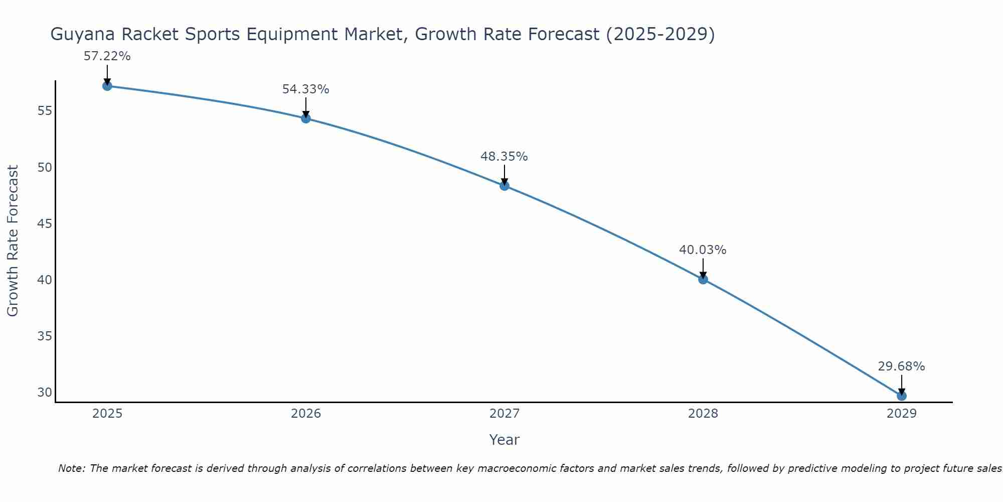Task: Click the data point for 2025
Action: pos(107,86)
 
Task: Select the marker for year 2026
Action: pos(306,118)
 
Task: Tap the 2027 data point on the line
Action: pos(505,186)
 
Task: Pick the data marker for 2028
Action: pos(703,279)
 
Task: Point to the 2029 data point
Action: pos(902,396)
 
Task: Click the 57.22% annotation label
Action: pos(107,56)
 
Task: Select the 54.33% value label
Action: pos(306,89)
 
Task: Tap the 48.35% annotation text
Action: pos(505,157)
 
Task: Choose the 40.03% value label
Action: pos(703,250)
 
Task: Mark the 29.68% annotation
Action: pos(902,366)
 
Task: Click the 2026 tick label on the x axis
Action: pos(306,414)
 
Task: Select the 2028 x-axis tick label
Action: pos(703,414)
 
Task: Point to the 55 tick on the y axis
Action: pos(45,110)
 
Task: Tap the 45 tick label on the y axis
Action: pos(45,223)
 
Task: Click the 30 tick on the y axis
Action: pos(45,392)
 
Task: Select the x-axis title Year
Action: pos(505,440)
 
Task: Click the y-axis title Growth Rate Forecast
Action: pos(13,241)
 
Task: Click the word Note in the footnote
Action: pos(71,469)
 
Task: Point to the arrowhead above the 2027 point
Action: pos(505,181)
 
